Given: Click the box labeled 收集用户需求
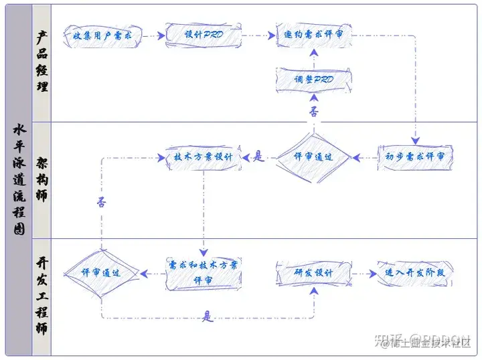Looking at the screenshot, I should coord(103,34).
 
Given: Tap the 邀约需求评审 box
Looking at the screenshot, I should coord(314,34).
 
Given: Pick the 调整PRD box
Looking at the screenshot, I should coord(314,79).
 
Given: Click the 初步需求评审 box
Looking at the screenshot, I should coord(416,157).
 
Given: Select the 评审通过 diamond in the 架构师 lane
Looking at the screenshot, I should coord(314,157).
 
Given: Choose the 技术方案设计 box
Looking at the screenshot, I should coord(203,157).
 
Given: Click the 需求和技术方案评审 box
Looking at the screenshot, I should coord(203,273).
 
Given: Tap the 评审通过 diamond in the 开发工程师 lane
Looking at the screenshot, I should coord(102,273).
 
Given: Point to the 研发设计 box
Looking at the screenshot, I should coord(314,274).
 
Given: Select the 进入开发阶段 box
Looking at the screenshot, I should coord(416,274).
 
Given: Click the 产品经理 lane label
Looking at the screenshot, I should coord(42,63).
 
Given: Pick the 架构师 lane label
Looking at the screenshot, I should coord(42,179).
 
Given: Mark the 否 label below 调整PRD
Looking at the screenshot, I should coord(314,111).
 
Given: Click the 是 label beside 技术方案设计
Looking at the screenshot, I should coord(259,157).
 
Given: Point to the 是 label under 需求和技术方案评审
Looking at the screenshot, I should coord(208,316).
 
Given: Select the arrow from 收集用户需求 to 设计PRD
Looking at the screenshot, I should coord(153,34).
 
